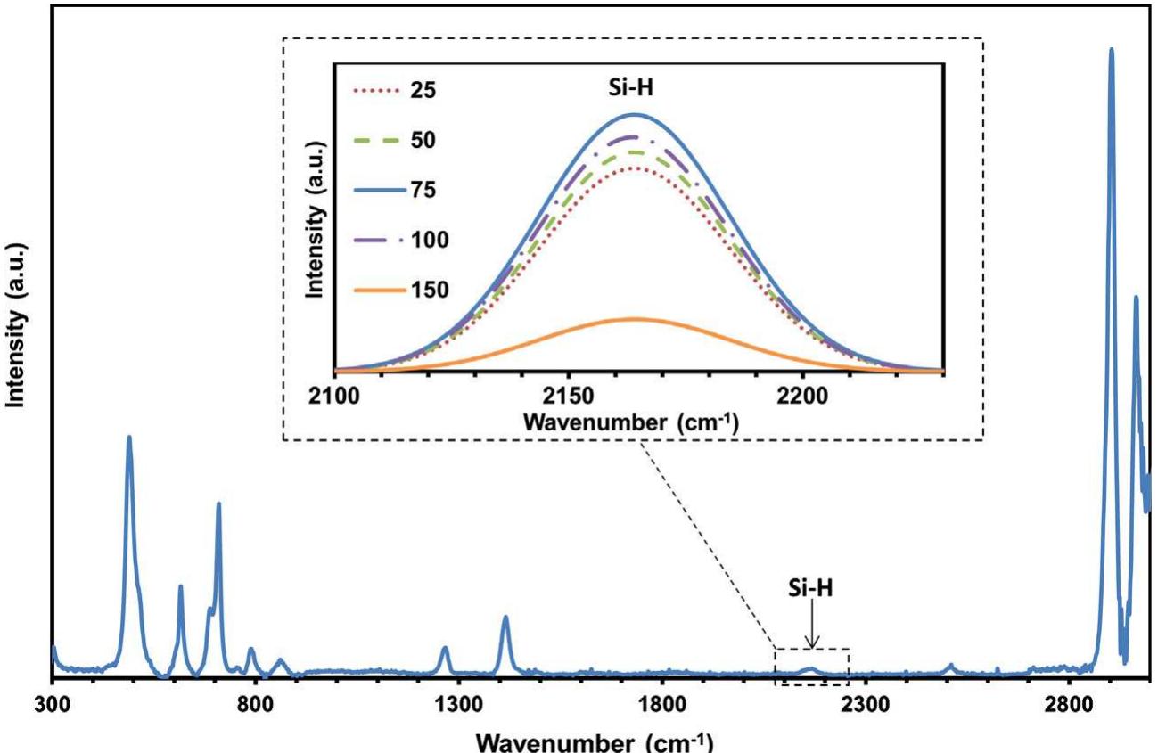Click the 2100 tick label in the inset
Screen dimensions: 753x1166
coord(335,393)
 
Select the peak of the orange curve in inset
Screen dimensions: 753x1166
coord(635,318)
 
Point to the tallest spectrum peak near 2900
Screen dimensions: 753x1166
coord(1111,50)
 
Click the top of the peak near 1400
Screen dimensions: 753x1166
coord(505,617)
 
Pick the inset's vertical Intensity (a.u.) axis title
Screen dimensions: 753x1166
coord(315,217)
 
